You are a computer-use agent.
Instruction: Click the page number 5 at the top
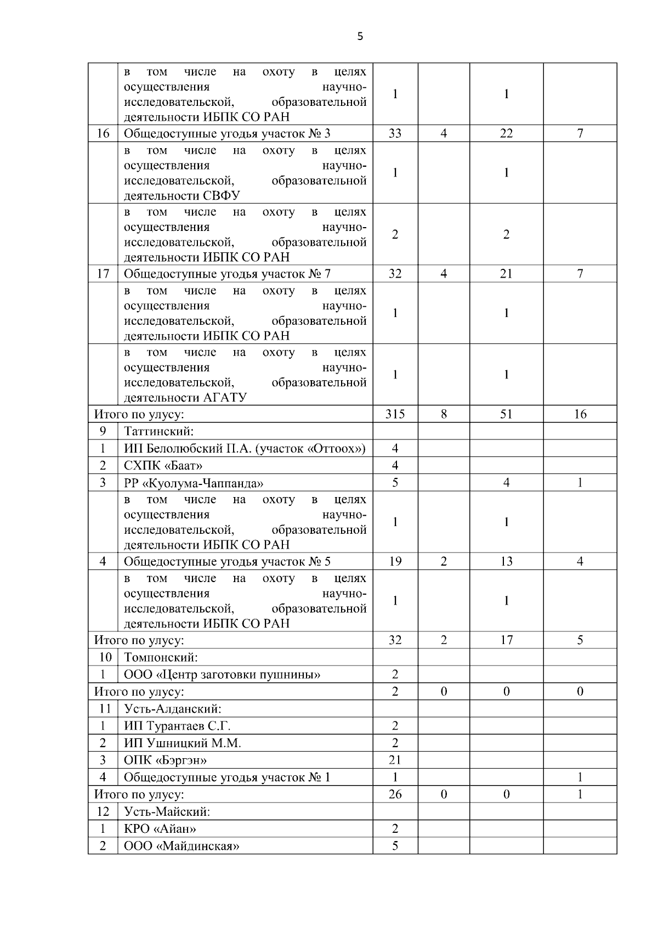click(x=360, y=37)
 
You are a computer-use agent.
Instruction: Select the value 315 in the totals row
click(x=395, y=414)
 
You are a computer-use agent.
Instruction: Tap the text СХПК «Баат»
click(x=163, y=466)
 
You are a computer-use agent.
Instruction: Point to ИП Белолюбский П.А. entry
click(x=244, y=449)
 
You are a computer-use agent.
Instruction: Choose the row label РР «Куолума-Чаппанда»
click(x=193, y=483)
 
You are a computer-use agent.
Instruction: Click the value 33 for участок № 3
click(x=395, y=133)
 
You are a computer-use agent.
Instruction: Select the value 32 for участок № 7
click(x=395, y=273)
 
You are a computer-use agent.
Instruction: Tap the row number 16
click(x=103, y=133)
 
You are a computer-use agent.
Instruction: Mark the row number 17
click(x=103, y=273)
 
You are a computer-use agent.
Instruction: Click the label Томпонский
click(x=161, y=657)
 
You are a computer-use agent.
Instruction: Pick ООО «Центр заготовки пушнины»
click(x=222, y=674)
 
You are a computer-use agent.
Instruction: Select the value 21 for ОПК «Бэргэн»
click(x=395, y=760)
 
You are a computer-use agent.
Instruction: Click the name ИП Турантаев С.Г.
click(x=177, y=726)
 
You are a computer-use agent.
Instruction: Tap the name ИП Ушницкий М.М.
click(x=182, y=743)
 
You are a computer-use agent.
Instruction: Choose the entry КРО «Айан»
click(x=160, y=828)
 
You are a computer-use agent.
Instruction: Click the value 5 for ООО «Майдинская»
click(x=395, y=845)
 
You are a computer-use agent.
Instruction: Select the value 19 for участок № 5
click(x=395, y=561)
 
